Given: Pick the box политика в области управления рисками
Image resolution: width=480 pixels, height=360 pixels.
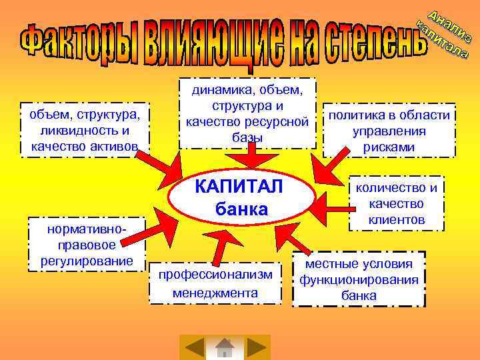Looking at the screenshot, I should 389,131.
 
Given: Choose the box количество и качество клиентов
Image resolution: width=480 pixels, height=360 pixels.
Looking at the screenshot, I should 396,203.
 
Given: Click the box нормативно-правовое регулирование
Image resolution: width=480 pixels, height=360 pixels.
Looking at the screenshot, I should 86,245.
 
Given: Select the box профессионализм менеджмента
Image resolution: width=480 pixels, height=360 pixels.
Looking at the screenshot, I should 215,283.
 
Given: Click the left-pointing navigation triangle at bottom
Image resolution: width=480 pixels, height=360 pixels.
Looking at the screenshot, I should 194,347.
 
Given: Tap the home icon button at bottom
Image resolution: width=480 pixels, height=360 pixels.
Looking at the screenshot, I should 225,347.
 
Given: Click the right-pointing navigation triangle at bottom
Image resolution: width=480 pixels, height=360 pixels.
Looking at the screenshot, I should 256,347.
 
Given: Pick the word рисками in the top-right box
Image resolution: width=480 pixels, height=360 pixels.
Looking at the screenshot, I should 389,147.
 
